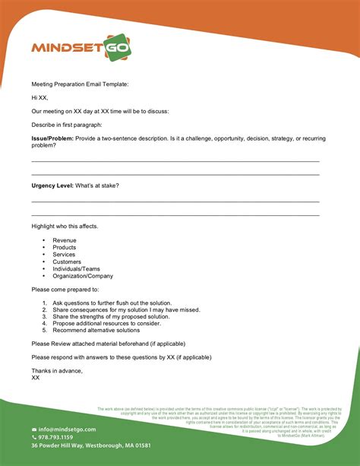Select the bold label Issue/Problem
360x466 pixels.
[51, 138]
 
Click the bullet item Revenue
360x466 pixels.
[65, 240]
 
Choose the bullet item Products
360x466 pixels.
[65, 247]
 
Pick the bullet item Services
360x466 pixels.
[65, 255]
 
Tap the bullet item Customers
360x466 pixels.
[67, 262]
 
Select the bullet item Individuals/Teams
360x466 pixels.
[75, 268]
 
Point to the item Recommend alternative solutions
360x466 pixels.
[96, 330]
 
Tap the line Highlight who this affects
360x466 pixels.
[65, 227]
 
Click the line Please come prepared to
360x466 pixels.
[65, 290]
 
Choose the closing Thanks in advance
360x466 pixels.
[57, 370]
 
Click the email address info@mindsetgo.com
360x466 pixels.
[68, 430]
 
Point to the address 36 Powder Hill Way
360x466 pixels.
[90, 445]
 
